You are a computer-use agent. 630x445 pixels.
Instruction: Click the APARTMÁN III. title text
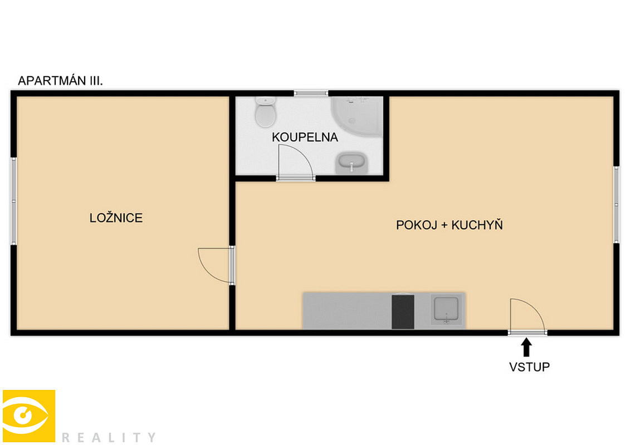click(x=60, y=81)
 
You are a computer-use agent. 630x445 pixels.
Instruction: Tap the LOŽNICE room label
click(x=116, y=218)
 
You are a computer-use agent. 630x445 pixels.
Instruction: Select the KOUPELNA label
click(x=305, y=137)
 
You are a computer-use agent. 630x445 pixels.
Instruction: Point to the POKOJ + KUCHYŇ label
click(x=449, y=225)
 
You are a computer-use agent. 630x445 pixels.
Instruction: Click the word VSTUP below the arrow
click(x=529, y=367)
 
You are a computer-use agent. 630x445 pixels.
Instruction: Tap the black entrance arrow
click(x=526, y=348)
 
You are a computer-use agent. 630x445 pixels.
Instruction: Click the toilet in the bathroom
click(x=265, y=112)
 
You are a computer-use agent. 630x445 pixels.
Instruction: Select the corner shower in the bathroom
click(x=357, y=116)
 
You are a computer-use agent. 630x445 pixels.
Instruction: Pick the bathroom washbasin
click(x=351, y=163)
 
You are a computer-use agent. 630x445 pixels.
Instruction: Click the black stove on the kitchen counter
click(x=403, y=311)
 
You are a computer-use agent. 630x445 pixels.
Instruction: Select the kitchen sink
click(x=446, y=309)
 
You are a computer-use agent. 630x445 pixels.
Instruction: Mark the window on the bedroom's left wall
click(x=14, y=201)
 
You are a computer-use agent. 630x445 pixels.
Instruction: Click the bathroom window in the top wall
click(x=311, y=93)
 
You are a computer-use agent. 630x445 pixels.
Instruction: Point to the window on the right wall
click(x=616, y=205)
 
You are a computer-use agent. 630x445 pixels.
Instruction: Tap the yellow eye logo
click(x=29, y=416)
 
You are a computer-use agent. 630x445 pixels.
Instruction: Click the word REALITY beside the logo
click(x=109, y=437)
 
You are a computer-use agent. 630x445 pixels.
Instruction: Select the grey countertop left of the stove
click(x=347, y=311)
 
